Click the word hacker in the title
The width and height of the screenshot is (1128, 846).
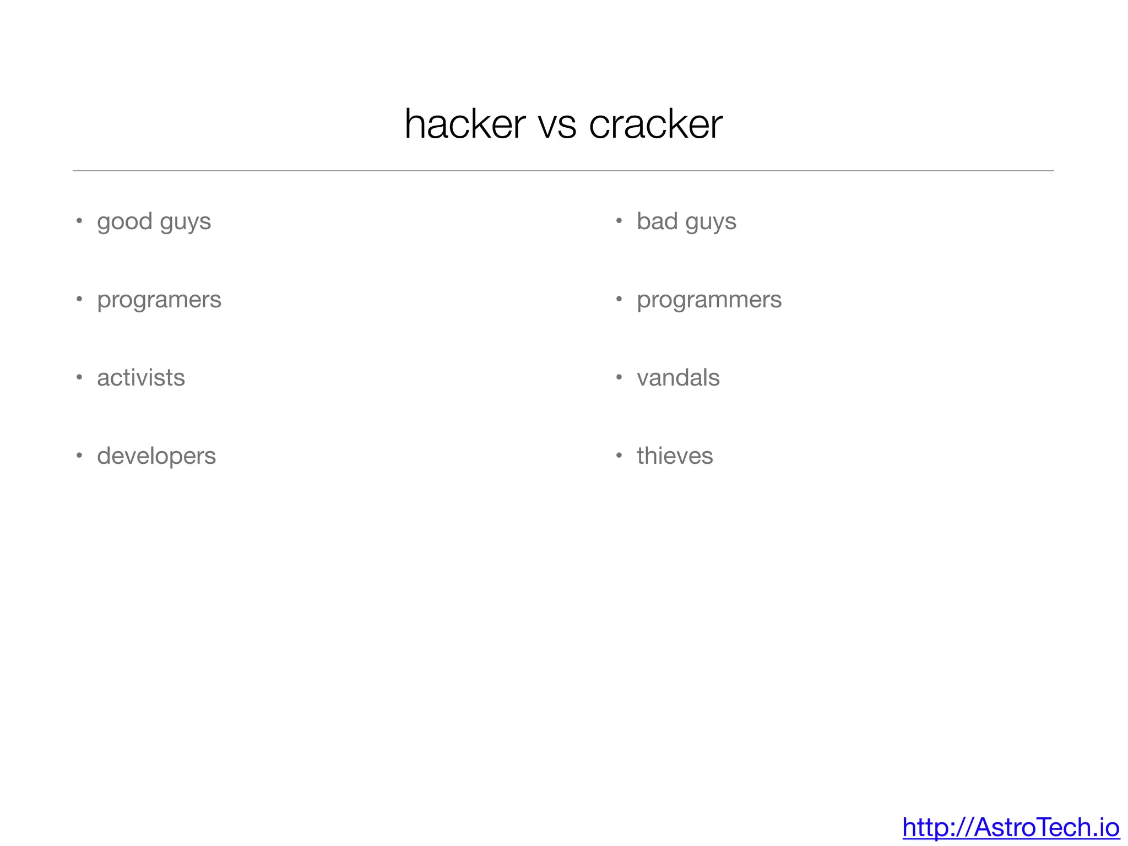465,124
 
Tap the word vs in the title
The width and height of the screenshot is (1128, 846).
557,126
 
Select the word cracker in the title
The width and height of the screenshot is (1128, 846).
655,124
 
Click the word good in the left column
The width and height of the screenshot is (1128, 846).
124,222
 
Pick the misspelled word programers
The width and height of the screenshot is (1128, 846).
159,300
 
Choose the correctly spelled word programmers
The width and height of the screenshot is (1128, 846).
709,300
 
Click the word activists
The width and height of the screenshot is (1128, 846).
141,378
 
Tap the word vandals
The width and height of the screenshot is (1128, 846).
678,378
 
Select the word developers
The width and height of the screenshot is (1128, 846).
156,457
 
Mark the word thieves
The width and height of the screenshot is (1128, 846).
675,456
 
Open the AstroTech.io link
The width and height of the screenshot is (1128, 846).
1011,827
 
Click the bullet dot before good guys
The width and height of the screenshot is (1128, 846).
79,221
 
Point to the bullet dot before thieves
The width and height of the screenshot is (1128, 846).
619,455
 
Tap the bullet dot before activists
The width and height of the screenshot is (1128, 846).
79,377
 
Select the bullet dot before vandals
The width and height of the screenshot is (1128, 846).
619,377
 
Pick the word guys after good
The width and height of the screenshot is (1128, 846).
186,222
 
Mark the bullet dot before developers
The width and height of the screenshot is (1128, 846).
79,455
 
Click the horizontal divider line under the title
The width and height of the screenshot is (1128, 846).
563,171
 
